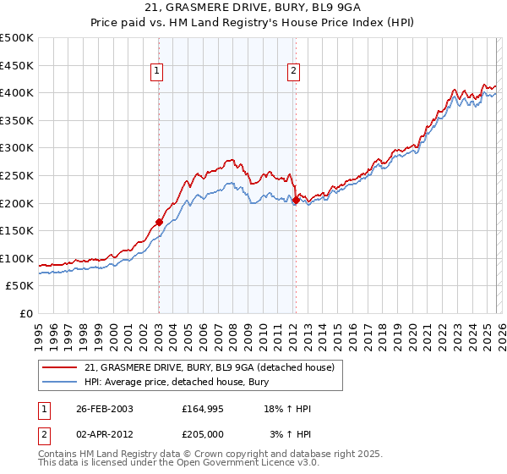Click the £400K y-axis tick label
pos(17,92)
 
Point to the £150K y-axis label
pos(17,230)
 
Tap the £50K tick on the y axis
pos(20,286)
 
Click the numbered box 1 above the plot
pos(158,72)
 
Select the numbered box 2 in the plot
pos(293,72)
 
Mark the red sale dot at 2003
pos(159,222)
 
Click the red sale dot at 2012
pos(297,201)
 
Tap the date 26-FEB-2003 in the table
pos(105,409)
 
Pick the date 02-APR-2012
pos(105,434)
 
